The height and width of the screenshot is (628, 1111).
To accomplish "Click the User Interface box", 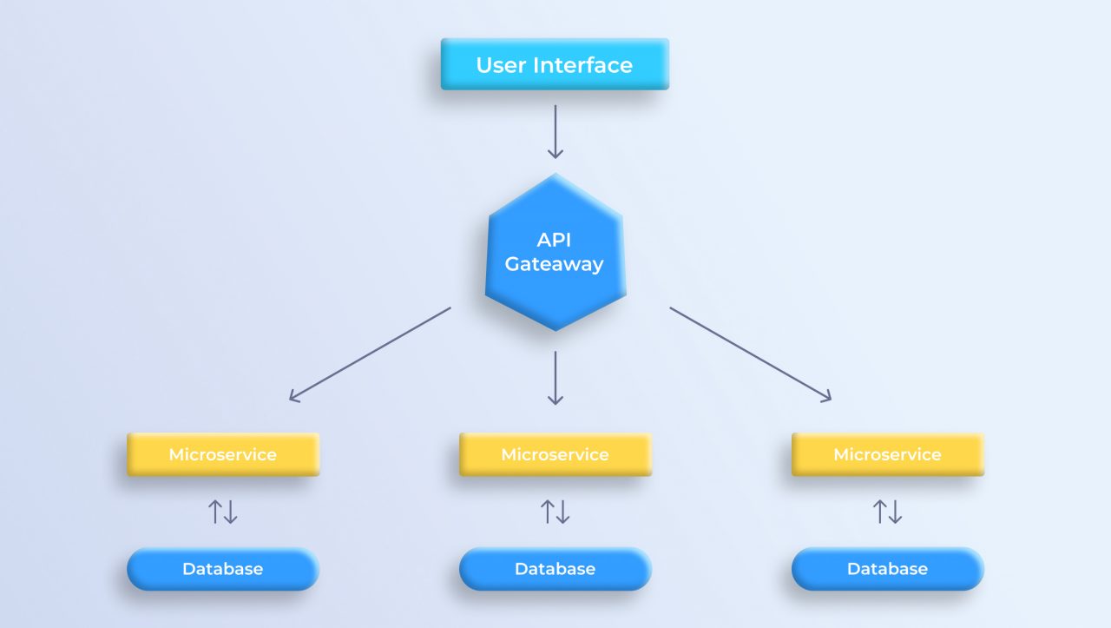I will point(555,64).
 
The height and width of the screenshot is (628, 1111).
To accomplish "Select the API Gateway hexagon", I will point(555,252).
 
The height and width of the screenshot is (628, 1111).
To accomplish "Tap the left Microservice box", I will point(223,454).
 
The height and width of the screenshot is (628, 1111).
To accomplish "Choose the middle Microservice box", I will point(555,454).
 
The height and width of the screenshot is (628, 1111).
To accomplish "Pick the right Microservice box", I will point(887,454).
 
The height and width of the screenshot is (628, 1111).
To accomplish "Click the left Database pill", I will point(223,569).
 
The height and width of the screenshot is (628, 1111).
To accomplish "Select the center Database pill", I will point(555,569).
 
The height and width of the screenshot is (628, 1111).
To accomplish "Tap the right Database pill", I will point(887,569).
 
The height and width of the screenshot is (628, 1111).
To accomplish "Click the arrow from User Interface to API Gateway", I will point(555,132).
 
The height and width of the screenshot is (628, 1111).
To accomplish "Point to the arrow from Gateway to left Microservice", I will point(370,354).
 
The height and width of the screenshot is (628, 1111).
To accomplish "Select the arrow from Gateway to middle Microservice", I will point(555,378).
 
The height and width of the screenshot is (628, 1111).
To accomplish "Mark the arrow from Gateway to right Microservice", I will point(750,354).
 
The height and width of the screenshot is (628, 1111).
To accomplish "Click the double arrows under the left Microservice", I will point(223,512).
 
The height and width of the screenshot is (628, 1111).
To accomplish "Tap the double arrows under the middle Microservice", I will point(555,512).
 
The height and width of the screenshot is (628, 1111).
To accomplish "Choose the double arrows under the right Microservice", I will point(887,512).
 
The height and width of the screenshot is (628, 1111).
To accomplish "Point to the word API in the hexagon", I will point(554,239).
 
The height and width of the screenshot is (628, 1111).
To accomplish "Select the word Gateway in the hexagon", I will point(554,265).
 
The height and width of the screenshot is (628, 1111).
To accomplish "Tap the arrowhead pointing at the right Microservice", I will point(825,397).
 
